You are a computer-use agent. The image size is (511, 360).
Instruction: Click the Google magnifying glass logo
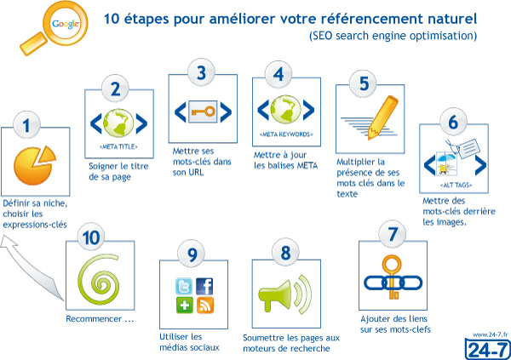pyautogui.click(x=55, y=28)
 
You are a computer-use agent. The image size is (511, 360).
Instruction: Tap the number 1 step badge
pyautogui.click(x=26, y=125)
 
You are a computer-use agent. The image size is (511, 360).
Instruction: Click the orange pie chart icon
pyautogui.click(x=35, y=165)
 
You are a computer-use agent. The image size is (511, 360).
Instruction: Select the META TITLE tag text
pyautogui.click(x=118, y=147)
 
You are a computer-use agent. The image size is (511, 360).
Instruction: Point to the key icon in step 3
pyautogui.click(x=203, y=111)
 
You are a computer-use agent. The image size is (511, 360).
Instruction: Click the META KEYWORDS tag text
pyautogui.click(x=286, y=134)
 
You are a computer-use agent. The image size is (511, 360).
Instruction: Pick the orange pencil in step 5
pyautogui.click(x=382, y=117)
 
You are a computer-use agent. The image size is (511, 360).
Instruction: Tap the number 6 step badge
pyautogui.click(x=453, y=122)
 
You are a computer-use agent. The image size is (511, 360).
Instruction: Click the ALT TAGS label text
pyautogui.click(x=456, y=185)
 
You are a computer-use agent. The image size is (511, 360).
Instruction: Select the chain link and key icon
pyautogui.click(x=393, y=278)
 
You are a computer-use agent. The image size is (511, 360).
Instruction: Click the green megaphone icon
pyautogui.click(x=285, y=294)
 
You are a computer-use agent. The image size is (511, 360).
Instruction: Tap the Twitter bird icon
pyautogui.click(x=184, y=286)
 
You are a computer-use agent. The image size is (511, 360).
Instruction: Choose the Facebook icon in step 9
pyautogui.click(x=204, y=286)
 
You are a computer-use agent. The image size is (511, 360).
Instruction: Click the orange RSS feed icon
pyautogui.click(x=204, y=306)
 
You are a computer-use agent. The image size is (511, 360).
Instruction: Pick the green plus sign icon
pyautogui.click(x=185, y=306)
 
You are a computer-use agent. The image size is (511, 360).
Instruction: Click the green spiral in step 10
pyautogui.click(x=99, y=279)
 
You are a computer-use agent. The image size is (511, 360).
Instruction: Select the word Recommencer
pyautogui.click(x=94, y=318)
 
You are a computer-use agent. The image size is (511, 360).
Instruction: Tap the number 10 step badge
pyautogui.click(x=91, y=237)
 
